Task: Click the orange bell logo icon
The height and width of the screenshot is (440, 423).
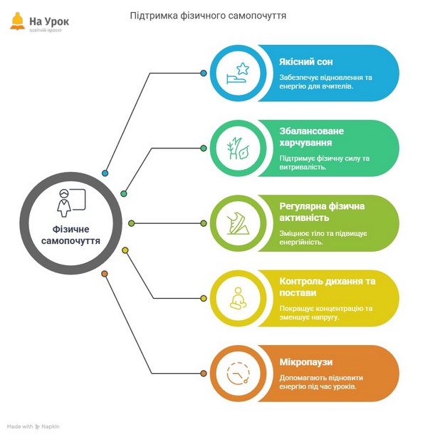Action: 17,21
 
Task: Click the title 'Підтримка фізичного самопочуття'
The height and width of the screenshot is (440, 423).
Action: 208,16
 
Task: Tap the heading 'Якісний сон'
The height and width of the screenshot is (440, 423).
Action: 306,62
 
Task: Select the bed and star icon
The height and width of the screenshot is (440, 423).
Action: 238,73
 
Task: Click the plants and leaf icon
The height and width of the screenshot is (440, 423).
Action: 238,148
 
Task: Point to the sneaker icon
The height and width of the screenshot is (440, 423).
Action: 238,223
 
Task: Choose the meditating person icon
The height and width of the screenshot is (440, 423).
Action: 238,298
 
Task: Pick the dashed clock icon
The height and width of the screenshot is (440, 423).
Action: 238,373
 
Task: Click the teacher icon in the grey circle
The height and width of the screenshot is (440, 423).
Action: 71,203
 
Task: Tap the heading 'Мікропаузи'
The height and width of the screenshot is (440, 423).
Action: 306,362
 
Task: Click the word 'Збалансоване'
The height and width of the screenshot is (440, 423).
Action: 311,131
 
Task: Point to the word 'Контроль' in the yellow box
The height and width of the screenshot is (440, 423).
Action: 301,281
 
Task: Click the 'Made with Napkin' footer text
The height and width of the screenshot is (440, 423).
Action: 33,426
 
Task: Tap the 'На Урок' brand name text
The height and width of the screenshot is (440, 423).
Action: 49,21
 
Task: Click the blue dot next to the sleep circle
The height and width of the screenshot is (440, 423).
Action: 204,73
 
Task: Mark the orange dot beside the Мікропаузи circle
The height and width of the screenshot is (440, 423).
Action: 204,373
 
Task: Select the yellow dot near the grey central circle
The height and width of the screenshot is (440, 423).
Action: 125,250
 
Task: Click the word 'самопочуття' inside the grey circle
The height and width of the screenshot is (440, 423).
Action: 70,241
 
